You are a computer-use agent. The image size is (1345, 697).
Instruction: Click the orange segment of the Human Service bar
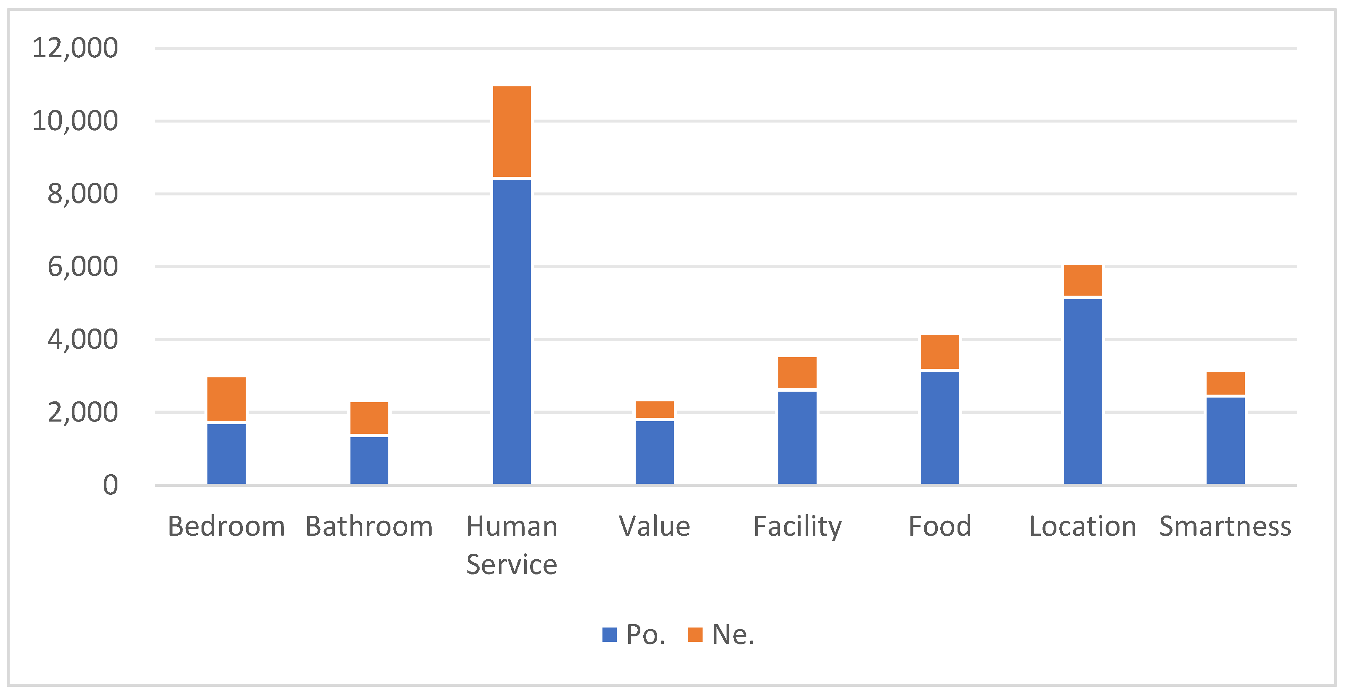point(512,132)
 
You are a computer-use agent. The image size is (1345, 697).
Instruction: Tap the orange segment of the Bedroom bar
point(226,399)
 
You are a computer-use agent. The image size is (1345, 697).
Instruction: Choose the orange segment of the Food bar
point(940,352)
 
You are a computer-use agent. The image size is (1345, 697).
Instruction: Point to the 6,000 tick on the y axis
point(82,267)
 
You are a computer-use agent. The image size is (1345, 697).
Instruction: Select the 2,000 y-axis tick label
point(82,412)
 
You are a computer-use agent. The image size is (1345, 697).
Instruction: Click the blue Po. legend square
point(609,634)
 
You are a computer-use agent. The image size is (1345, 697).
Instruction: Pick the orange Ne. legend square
point(695,634)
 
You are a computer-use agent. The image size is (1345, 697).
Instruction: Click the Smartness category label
point(1226,526)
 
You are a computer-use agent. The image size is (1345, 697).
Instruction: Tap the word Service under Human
point(512,564)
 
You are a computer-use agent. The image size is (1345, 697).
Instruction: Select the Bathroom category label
point(369,526)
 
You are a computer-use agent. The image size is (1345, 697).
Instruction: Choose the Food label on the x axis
point(940,526)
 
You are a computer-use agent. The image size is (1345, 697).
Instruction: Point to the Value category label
point(655,526)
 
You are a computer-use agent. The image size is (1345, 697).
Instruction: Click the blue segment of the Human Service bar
point(512,331)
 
